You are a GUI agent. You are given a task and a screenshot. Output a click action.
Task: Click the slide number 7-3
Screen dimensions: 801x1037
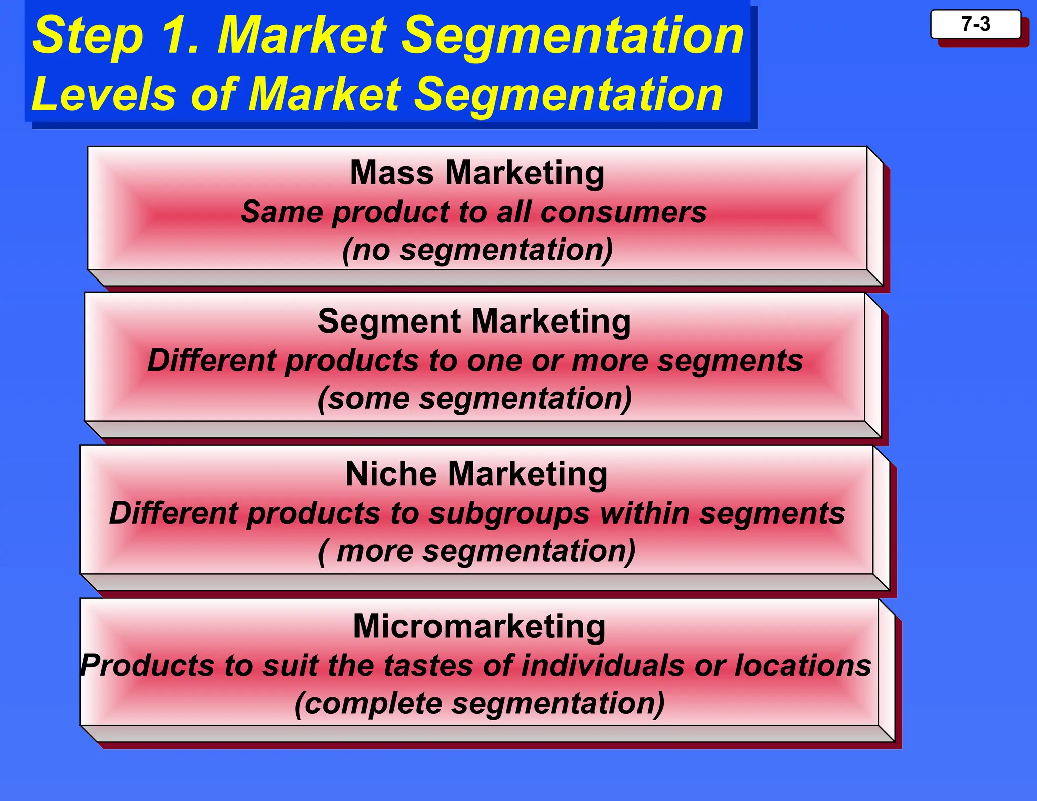975,24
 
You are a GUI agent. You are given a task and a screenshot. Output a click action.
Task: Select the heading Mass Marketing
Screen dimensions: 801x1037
477,173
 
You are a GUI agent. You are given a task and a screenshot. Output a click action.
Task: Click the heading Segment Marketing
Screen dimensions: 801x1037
474,322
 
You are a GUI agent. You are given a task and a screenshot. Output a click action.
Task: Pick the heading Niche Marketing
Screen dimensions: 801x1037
476,474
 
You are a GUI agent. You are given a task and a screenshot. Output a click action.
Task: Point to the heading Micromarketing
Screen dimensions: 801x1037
479,627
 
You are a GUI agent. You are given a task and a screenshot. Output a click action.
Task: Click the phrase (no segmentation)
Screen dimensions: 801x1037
477,250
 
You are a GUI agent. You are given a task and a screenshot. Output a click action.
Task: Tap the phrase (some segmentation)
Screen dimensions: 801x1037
475,398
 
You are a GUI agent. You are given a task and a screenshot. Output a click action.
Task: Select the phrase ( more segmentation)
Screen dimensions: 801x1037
477,551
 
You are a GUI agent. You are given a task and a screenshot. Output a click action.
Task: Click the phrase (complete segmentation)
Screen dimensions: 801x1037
479,704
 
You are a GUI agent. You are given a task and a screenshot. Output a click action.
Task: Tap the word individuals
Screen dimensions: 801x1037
603,665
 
